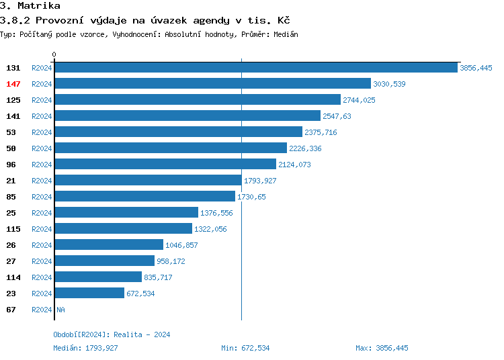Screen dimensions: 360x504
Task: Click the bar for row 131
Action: pyautogui.click(x=255, y=68)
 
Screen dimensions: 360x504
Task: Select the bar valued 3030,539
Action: pyautogui.click(x=212, y=84)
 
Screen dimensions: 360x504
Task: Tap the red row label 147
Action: pyautogui.click(x=13, y=84)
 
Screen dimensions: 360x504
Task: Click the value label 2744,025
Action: pyautogui.click(x=359, y=100)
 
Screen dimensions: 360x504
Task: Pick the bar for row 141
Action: pyautogui.click(x=187, y=116)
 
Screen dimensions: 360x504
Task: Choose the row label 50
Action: pyautogui.click(x=11, y=148)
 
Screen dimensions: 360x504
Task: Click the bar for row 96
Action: pyautogui.click(x=165, y=165)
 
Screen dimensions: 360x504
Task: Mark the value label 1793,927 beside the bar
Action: pyautogui.click(x=260, y=181)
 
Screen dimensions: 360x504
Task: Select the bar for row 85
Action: pyautogui.click(x=144, y=197)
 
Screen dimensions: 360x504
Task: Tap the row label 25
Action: pyautogui.click(x=11, y=213)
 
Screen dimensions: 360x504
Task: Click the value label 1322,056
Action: pyautogui.click(x=210, y=229)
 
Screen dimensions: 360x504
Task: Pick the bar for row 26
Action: pyautogui.click(x=108, y=245)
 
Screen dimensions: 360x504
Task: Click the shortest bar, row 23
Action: pyautogui.click(x=89, y=294)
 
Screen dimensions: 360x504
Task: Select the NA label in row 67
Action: pyautogui.click(x=60, y=310)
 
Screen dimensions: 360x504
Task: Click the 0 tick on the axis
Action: pyautogui.click(x=54, y=54)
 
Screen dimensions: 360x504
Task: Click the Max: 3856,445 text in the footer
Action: pyautogui.click(x=382, y=348)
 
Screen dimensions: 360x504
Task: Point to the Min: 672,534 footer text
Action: pyautogui.click(x=245, y=348)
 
